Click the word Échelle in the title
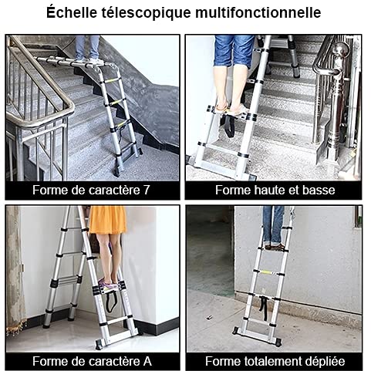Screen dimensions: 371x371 [72, 12]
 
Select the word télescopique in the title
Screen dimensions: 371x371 [147, 13]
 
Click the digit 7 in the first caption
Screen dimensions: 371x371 [146, 190]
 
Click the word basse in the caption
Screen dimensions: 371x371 [319, 190]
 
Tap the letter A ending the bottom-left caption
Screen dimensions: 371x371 [147, 361]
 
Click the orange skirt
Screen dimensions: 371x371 [108, 220]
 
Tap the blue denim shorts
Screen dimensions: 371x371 [234, 51]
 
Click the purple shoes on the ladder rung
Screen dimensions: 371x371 [110, 283]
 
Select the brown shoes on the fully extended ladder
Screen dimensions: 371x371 [275, 247]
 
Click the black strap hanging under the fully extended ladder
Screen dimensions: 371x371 [263, 308]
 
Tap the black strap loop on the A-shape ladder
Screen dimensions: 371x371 [111, 302]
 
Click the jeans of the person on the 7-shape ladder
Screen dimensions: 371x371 [87, 48]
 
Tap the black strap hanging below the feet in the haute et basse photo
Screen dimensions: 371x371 [229, 126]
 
